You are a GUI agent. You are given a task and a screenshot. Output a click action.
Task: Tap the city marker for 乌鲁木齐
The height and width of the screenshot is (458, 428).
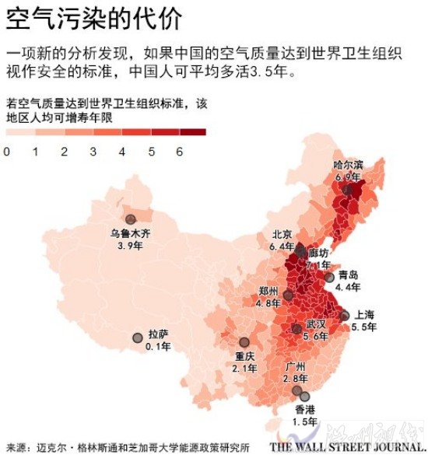point(130,219)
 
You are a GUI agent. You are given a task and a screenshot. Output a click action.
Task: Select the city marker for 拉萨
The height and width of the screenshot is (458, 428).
point(138,337)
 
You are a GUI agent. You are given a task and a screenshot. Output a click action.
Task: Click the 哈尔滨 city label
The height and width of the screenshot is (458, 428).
point(348,165)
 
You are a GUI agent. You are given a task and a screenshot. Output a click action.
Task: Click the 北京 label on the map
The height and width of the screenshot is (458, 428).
point(282,234)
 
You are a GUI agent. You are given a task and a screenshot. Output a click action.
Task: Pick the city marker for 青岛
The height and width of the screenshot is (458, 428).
point(329,277)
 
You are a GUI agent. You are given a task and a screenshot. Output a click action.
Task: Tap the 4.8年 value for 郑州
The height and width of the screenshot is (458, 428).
point(268,302)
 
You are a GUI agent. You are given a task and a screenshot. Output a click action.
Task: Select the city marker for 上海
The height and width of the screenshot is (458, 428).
point(345,316)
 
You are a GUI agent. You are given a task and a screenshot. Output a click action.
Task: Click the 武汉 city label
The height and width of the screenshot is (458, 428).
point(315,323)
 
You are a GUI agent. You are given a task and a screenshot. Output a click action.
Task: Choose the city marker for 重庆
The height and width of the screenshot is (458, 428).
point(244,342)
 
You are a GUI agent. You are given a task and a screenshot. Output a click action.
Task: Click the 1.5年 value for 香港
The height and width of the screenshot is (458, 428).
point(305,421)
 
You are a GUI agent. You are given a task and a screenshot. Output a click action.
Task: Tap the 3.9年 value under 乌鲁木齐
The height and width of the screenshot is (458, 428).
point(130,245)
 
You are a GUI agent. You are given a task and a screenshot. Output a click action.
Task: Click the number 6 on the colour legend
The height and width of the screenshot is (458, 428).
point(179,152)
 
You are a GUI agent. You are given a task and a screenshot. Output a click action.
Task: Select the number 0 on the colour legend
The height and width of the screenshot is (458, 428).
point(6,152)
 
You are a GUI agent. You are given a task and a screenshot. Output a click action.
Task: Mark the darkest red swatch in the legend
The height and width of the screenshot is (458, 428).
point(193,132)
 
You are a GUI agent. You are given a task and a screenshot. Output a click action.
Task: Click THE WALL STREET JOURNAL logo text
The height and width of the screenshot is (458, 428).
point(348,448)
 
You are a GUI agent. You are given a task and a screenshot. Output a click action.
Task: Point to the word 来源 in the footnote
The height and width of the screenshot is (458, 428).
point(16,448)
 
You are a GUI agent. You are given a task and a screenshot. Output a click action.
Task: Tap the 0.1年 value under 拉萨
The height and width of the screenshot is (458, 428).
point(157,347)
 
